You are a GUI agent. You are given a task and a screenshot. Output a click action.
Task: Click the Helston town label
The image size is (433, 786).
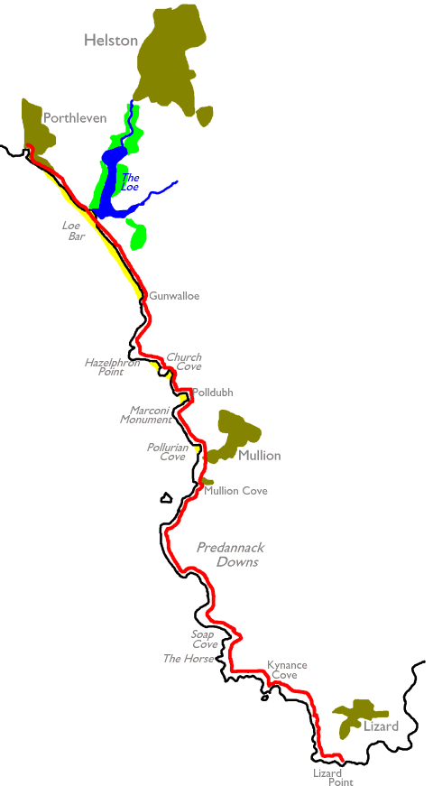[x=111, y=40]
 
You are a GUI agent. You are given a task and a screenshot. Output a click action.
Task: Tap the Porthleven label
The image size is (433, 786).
[x=75, y=118]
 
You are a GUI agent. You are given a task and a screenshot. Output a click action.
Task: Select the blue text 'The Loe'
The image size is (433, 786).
[x=130, y=182]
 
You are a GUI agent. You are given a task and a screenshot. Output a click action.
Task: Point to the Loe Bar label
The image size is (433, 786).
[x=74, y=231]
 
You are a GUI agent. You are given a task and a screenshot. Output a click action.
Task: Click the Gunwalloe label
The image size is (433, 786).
[x=174, y=296]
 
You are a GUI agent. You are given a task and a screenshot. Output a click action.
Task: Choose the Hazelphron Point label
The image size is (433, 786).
[x=112, y=367]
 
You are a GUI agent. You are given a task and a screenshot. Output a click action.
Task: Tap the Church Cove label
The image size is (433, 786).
[x=184, y=362]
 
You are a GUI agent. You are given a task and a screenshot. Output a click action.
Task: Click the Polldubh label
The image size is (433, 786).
[x=213, y=393]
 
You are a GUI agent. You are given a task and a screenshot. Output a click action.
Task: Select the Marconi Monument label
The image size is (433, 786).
[x=146, y=415]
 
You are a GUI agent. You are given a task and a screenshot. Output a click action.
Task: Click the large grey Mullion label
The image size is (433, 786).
[x=260, y=456]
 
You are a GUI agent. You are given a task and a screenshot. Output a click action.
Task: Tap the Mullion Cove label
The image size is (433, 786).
[x=235, y=491]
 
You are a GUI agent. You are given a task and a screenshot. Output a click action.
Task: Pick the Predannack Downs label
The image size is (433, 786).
[x=231, y=554]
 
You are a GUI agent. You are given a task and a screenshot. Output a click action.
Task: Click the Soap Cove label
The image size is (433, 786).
[x=205, y=639]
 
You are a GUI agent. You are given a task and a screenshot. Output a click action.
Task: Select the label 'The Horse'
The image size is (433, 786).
[x=189, y=659]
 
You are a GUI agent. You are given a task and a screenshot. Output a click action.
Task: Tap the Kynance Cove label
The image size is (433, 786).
[x=287, y=670]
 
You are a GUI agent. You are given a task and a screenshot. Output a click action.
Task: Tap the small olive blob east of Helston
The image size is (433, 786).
[x=205, y=116]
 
